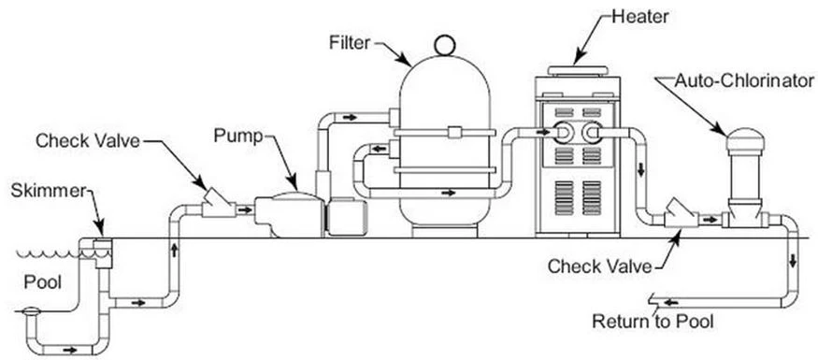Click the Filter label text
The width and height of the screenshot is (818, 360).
click(349, 42)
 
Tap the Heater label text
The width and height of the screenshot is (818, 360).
click(640, 16)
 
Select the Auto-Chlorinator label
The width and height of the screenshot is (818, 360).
click(744, 80)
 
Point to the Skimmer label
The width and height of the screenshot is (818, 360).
click(48, 191)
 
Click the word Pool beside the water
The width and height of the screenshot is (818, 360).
click(43, 282)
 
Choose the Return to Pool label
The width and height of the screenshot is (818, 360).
click(653, 321)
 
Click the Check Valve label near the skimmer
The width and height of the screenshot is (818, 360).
click(87, 141)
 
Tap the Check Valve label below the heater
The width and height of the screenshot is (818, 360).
click(599, 266)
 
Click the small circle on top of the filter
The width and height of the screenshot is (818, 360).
click(445, 44)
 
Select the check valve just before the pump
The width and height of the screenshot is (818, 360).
click(219, 205)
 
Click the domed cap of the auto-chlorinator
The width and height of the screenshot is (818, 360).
click(745, 140)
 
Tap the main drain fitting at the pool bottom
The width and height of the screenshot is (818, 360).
click(30, 311)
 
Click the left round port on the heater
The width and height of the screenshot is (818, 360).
click(564, 132)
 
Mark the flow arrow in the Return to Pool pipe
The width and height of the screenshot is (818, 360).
click(671, 302)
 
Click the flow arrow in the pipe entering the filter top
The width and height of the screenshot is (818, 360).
click(350, 118)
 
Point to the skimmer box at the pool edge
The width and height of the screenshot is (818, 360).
click(103, 253)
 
